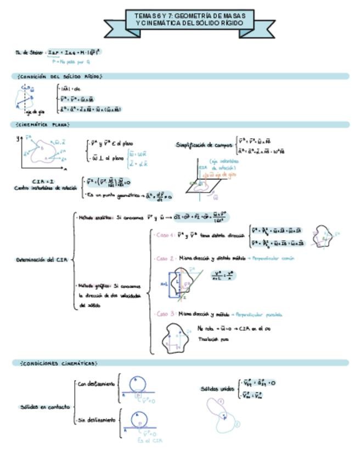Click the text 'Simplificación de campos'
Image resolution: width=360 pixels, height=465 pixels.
click(x=204, y=145)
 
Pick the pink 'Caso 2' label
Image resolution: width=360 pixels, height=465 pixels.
click(x=165, y=258)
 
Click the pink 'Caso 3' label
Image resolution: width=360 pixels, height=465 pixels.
click(x=165, y=314)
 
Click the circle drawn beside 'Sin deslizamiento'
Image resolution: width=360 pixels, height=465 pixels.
click(x=137, y=418)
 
